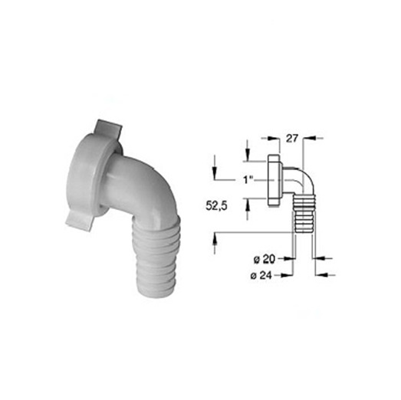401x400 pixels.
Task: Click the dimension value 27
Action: pyautogui.click(x=292, y=138)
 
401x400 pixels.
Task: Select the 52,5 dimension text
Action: pyautogui.click(x=216, y=206)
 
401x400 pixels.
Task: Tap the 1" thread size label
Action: pyautogui.click(x=248, y=179)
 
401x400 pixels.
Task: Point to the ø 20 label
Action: pyautogui.click(x=265, y=259)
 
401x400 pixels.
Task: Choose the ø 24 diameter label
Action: pyautogui.click(x=261, y=276)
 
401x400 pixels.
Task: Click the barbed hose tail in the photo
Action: pyautogui.click(x=156, y=257)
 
